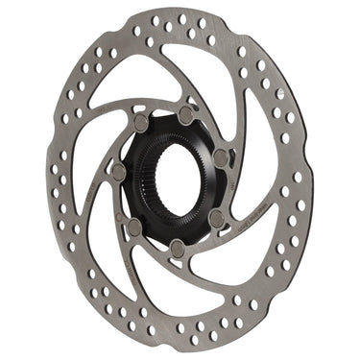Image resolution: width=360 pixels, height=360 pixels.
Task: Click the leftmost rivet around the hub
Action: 119,172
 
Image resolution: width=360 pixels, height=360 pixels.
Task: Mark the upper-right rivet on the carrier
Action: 222,155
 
